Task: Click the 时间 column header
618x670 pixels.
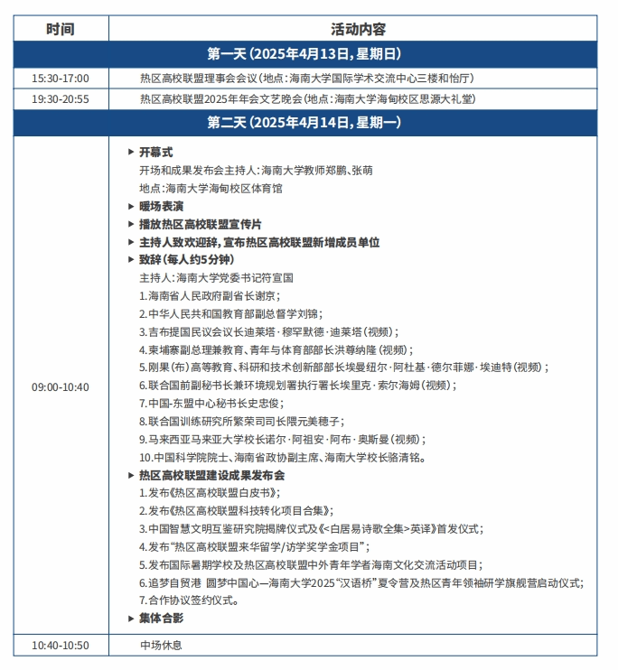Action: [x=61, y=29]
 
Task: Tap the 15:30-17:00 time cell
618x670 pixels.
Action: [x=61, y=78]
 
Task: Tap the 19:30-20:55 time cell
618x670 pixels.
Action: [x=61, y=98]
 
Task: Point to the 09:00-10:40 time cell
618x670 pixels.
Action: [x=61, y=386]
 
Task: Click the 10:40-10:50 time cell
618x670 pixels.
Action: [x=61, y=645]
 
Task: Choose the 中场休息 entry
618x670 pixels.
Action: [x=161, y=645]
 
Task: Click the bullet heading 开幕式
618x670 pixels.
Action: [x=155, y=152]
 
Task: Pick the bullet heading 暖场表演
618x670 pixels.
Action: [x=161, y=206]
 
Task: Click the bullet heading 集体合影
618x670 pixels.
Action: [x=161, y=618]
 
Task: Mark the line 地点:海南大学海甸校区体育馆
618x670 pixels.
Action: [x=211, y=188]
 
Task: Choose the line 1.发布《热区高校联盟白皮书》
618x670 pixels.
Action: [x=210, y=493]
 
